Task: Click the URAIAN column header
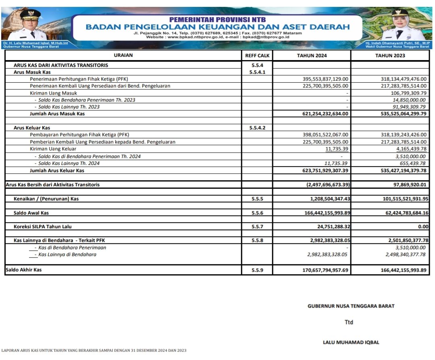(123, 55)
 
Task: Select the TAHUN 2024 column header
(312, 56)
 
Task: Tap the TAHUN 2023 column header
(390, 56)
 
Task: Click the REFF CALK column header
(257, 56)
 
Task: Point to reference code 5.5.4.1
(257, 72)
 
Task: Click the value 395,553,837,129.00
(325, 79)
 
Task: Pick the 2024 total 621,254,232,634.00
(325, 114)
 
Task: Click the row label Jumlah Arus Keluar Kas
(57, 171)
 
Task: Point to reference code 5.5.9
(257, 270)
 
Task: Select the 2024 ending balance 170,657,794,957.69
(325, 270)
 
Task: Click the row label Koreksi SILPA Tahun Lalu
(42, 227)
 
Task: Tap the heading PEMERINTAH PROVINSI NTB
(217, 19)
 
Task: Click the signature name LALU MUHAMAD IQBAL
(351, 343)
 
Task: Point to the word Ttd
(349, 322)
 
